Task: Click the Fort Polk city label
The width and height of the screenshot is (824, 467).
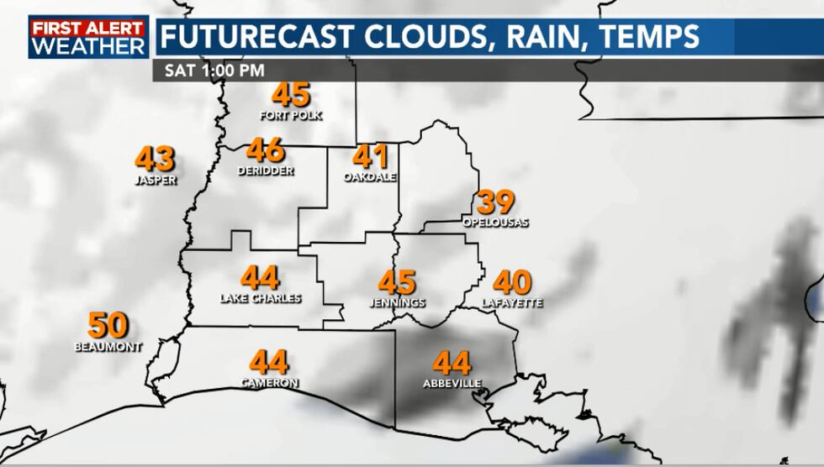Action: click(x=291, y=115)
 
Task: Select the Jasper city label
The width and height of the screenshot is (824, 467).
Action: click(x=156, y=180)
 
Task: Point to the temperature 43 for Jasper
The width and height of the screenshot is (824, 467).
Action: click(x=156, y=159)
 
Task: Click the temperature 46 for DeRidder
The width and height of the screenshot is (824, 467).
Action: click(x=266, y=151)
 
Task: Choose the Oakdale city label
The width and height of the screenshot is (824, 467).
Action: click(x=369, y=177)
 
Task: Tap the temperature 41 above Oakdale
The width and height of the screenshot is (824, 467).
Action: click(x=371, y=157)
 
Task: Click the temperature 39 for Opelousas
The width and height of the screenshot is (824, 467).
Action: click(x=496, y=202)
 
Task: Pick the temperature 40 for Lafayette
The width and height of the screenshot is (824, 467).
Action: click(x=512, y=282)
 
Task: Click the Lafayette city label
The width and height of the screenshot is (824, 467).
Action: click(x=512, y=302)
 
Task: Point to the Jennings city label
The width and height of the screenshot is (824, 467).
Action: click(x=397, y=302)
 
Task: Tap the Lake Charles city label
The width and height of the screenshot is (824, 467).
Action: click(x=261, y=298)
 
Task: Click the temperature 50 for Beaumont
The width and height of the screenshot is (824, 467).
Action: click(x=108, y=325)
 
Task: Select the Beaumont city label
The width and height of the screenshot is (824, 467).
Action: click(x=107, y=346)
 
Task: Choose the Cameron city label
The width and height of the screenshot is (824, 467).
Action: click(x=269, y=383)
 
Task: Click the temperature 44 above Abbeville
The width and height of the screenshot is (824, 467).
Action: click(x=452, y=364)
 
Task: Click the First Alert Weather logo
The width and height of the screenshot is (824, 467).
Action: click(x=88, y=37)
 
